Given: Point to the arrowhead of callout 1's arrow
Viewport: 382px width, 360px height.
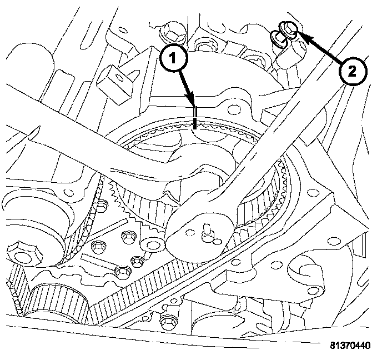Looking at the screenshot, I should point(194,104).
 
